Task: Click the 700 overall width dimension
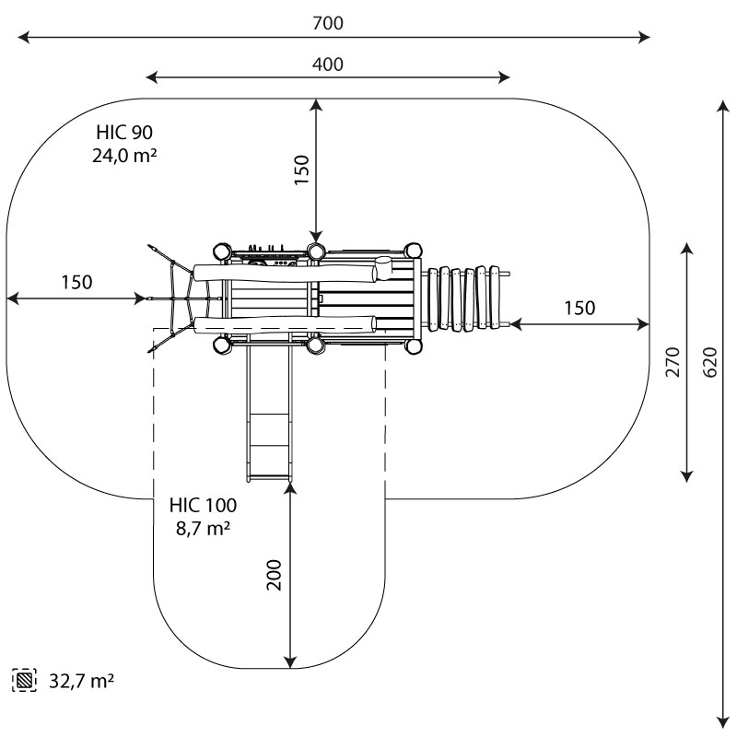(x=328, y=23)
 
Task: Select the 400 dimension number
(x=328, y=64)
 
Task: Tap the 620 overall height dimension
(x=710, y=362)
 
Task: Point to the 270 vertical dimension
(x=673, y=362)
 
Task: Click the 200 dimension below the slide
(x=274, y=574)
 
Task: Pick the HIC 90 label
(x=124, y=133)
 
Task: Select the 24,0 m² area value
(x=124, y=156)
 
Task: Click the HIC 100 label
(x=203, y=505)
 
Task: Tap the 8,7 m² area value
(x=203, y=528)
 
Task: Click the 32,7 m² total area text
(x=81, y=681)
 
